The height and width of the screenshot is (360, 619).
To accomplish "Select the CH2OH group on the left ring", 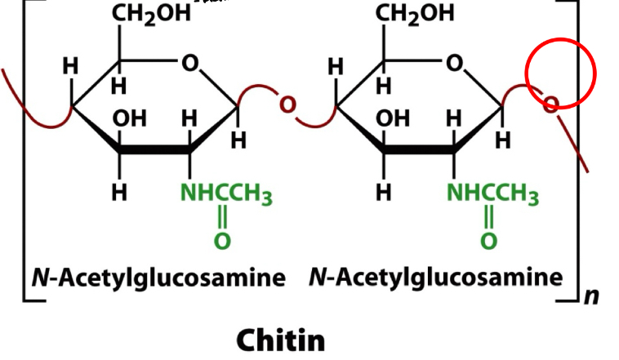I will (151, 13).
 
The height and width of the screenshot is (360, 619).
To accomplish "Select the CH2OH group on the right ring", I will (414, 13).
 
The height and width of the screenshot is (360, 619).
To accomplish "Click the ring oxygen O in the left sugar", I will (190, 63).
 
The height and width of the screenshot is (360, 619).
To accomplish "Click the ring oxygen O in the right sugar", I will (454, 63).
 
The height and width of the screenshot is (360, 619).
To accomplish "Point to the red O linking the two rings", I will (287, 104).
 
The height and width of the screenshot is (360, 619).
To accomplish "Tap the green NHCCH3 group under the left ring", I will (226, 195).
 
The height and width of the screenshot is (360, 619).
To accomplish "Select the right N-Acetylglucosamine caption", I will (436, 278).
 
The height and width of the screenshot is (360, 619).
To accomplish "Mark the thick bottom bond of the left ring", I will (155, 151).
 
